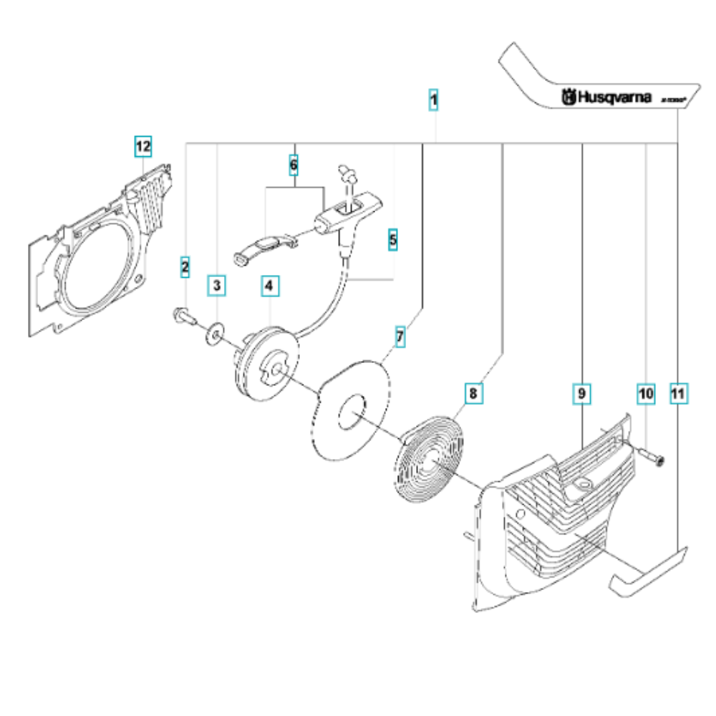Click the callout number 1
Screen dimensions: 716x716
[x=433, y=100]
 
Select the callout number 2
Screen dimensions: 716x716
[x=185, y=267]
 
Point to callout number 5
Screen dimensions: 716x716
[x=392, y=239]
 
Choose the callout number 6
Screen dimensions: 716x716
[x=293, y=165]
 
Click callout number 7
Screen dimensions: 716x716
[x=400, y=336]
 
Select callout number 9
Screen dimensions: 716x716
[x=581, y=393]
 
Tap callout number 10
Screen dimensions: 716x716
[x=646, y=393]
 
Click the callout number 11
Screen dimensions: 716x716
[x=677, y=393]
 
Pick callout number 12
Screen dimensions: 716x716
[x=143, y=147]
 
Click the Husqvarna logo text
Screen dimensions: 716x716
[x=607, y=97]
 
